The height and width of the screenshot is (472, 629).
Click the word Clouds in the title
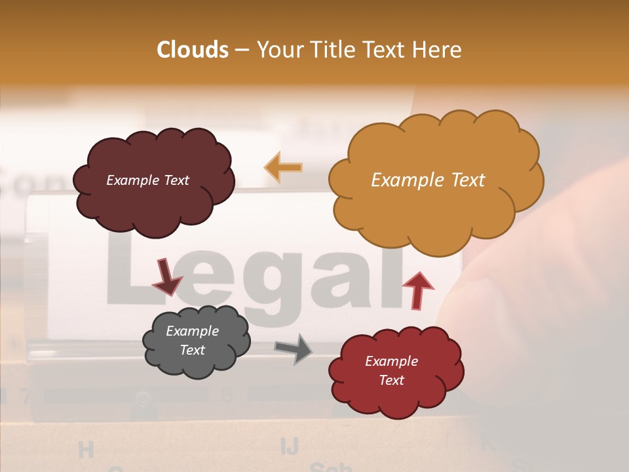coord(193,50)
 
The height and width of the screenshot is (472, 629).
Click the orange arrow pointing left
coord(284,168)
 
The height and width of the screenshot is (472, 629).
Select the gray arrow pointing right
coord(294,349)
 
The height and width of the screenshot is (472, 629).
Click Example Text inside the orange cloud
coord(428,180)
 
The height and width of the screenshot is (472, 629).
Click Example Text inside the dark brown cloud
coord(147,180)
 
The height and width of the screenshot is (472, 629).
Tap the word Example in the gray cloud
coord(192,331)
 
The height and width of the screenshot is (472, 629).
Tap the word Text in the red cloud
coord(391,380)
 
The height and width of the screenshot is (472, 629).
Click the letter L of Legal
coord(131,275)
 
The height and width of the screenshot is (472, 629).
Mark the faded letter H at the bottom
coord(86,450)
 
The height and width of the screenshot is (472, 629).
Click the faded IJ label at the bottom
coord(289,446)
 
